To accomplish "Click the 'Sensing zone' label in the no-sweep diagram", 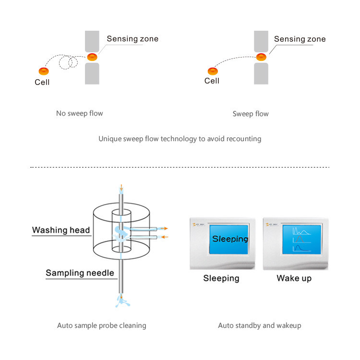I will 132,39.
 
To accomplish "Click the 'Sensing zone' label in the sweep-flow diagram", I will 300,39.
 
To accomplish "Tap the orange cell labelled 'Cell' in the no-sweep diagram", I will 44,72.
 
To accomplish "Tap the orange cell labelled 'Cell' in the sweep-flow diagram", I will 212,71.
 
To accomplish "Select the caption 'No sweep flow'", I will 79,114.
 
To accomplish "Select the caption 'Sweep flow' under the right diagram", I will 251,114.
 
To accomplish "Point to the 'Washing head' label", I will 61,230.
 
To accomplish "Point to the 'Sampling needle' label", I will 80,273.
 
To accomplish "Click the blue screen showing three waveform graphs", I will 302,239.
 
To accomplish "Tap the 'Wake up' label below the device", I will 294,278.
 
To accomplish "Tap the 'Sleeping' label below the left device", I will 221,278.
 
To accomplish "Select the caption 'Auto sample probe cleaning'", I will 102,325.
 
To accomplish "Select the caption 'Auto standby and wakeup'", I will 260,325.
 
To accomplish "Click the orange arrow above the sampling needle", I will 122,187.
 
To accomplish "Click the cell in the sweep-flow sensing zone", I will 261,57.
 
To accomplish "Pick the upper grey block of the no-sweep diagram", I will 92,42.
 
